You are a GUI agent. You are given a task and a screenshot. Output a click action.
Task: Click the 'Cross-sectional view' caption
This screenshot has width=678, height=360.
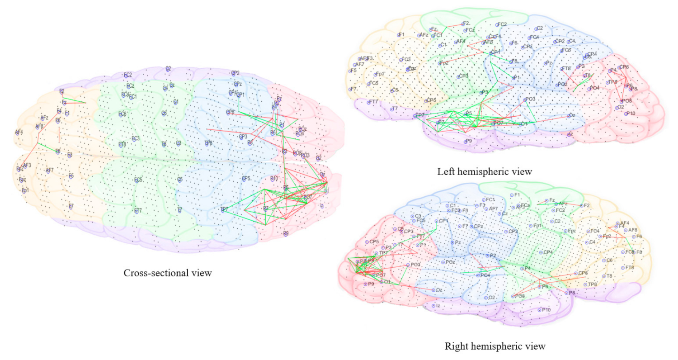[168, 273]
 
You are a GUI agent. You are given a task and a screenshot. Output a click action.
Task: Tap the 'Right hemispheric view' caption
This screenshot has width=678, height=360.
[495, 346]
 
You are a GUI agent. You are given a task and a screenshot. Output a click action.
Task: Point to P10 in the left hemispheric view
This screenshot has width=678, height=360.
[627, 113]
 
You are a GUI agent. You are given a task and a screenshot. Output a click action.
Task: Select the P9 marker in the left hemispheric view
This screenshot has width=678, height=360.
[466, 142]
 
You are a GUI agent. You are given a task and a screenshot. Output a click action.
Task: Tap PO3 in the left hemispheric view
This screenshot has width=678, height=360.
[525, 99]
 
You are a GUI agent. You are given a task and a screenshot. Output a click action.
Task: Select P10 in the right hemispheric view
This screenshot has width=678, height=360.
[540, 310]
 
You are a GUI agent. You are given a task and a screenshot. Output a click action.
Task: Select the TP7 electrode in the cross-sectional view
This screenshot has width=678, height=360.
[223, 209]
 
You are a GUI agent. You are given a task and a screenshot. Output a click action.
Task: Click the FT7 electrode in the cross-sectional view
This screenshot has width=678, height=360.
[136, 211]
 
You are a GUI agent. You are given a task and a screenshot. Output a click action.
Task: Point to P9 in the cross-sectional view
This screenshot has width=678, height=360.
[286, 234]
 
